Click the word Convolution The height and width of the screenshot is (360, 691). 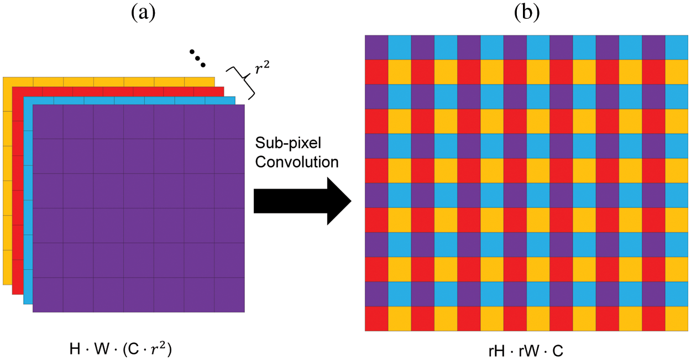click(296, 162)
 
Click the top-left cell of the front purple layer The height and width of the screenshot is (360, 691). click(48, 122)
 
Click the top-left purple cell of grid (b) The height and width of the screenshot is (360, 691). click(376, 47)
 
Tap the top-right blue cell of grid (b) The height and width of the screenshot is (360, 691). click(677, 47)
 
